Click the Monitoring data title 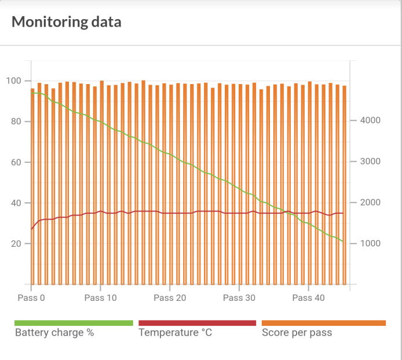tap(67, 23)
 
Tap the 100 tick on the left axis tap(14, 81)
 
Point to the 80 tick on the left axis tap(16, 122)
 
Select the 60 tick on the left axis tap(16, 162)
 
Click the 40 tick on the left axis tap(16, 203)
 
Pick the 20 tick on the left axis tap(16, 243)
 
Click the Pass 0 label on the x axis tap(31, 298)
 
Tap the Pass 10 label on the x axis tap(101, 298)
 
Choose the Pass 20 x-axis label tap(170, 298)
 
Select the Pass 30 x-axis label tap(239, 298)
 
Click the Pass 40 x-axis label tap(309, 298)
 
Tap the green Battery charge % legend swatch tap(74, 323)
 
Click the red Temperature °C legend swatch tap(198, 323)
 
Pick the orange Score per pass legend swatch tap(324, 323)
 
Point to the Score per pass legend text tap(297, 333)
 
